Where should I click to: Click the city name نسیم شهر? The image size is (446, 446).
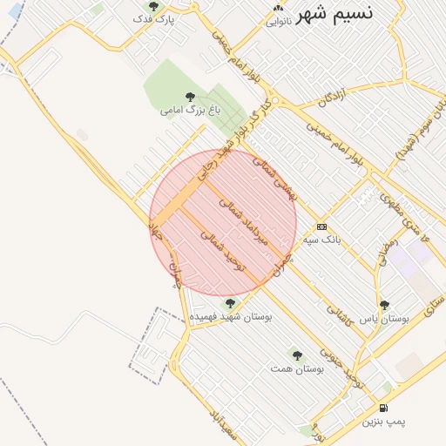coord(348,15)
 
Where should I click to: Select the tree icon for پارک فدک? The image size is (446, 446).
coord(154,6)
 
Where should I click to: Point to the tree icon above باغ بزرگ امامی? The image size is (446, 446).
coord(191,97)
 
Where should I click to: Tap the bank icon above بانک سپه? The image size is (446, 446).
coord(321,225)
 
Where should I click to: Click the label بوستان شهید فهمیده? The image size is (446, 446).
coord(231,317)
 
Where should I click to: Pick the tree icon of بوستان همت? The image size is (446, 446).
coord(297,355)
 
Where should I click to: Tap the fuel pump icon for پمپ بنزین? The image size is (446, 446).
coord(384,408)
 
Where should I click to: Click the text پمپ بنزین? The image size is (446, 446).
coord(384,422)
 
